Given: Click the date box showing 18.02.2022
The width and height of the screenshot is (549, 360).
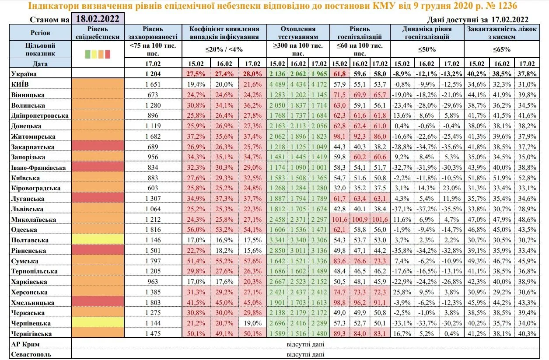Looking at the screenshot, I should tap(98, 19).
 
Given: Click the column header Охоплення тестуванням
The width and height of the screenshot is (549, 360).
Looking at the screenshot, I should tap(299, 33).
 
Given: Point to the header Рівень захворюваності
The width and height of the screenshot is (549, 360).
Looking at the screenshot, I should tap(153, 33).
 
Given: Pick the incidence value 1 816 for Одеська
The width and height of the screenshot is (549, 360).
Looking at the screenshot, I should tap(153, 230).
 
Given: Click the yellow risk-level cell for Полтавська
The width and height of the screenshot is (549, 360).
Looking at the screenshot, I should tap(98, 240).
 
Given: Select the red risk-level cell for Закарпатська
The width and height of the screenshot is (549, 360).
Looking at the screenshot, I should tap(98, 147).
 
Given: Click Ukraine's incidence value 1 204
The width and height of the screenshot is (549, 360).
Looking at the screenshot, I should tap(153, 74).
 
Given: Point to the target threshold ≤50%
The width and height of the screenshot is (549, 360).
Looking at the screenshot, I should tap(427, 49).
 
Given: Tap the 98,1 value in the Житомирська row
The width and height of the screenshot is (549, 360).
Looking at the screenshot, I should tap(339, 136).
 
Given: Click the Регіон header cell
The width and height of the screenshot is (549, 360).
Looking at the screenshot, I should tap(40, 33).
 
